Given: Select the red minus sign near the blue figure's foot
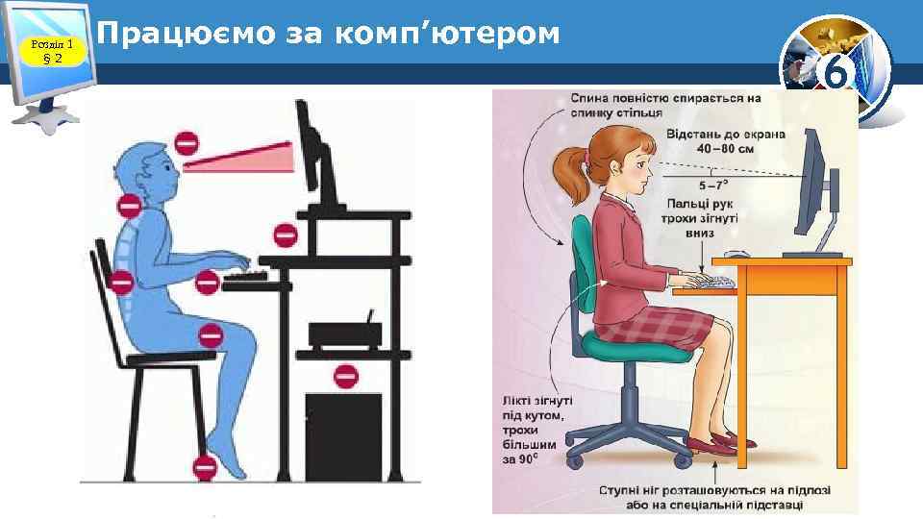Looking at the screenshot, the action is point(205,468).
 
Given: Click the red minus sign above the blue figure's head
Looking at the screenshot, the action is point(186,145).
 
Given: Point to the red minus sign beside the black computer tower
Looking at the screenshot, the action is point(346,375).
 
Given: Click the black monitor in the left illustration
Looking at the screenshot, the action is point(312,154).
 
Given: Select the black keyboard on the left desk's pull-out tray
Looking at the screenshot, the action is point(245,277).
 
